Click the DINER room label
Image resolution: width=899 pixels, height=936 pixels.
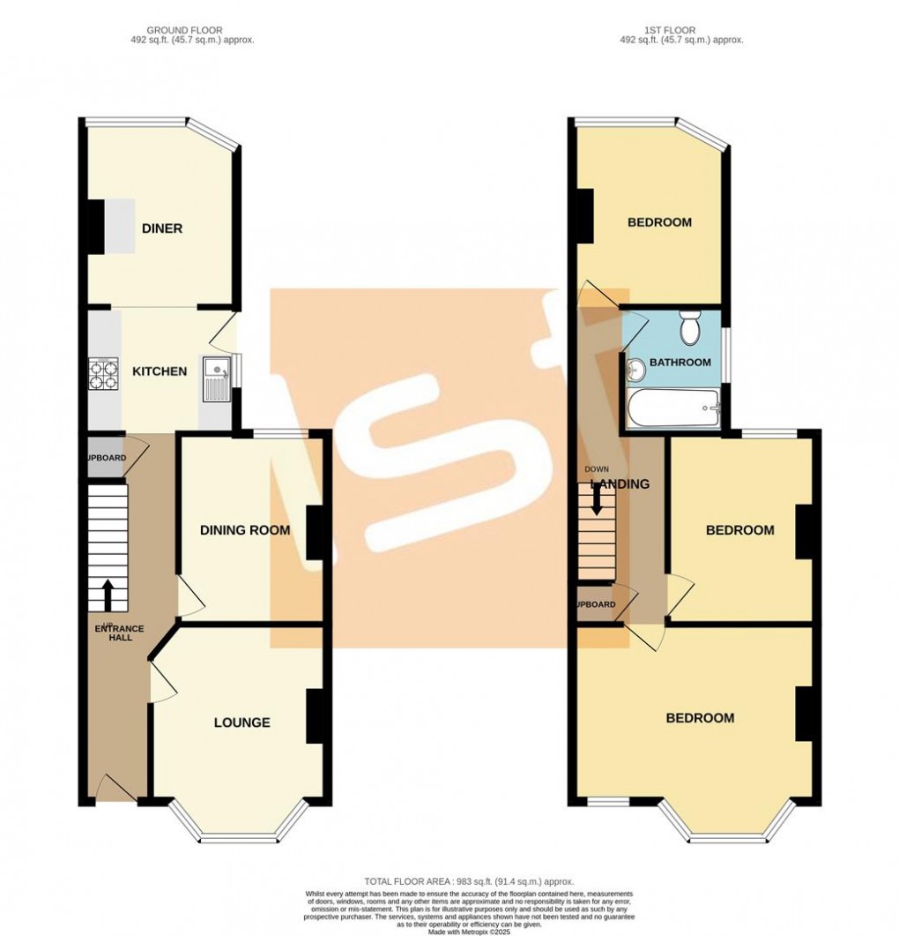click(162, 228)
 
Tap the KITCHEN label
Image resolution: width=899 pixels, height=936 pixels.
click(160, 371)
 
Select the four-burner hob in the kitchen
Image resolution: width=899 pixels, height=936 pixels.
click(102, 375)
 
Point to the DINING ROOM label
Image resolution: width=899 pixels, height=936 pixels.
click(245, 530)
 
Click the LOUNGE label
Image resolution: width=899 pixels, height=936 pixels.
click(241, 723)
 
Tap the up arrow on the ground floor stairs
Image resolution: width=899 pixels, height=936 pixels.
click(108, 595)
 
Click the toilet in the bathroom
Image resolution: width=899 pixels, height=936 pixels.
click(690, 330)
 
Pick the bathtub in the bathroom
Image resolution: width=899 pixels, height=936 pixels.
click(673, 408)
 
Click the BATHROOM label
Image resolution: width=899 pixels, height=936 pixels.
click(680, 363)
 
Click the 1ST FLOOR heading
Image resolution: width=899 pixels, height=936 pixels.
click(681, 30)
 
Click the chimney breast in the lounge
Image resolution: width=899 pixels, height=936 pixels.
click(315, 715)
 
